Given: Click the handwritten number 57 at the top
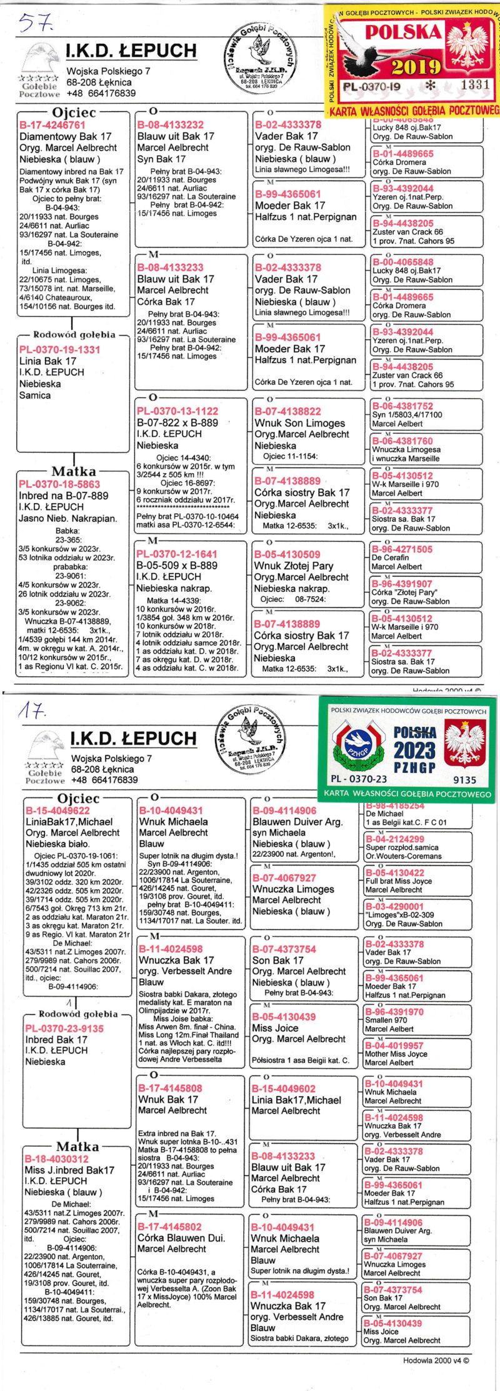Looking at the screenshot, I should tap(36, 23).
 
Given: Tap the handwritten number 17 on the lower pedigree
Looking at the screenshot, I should tap(32, 710).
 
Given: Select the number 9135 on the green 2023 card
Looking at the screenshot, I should tap(464, 779).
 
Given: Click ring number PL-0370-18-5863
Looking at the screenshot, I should tap(59, 484).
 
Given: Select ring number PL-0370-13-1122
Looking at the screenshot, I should tap(177, 411).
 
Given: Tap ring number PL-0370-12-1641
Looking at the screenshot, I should tap(177, 554).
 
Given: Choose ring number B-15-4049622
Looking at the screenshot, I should tap(57, 810).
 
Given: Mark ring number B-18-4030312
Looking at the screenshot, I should tap(56, 1159).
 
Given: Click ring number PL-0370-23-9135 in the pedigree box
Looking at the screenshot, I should tap(64, 1028).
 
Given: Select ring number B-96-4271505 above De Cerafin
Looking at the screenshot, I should tap(402, 549).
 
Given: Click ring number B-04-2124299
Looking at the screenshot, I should tap(394, 839).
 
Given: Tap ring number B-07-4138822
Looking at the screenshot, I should tap(287, 411).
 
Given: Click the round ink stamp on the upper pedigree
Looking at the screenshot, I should tap(262, 57).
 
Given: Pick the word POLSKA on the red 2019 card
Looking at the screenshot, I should tap(403, 32).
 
